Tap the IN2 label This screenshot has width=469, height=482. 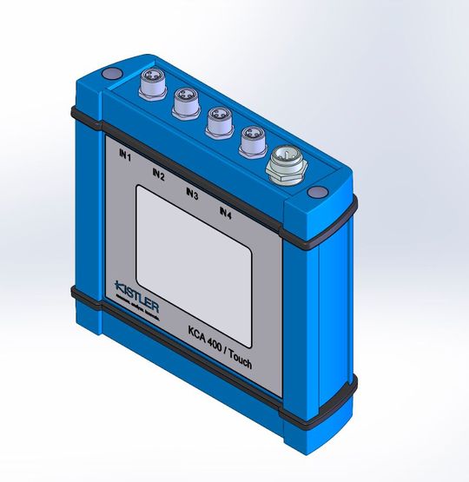pos(157,174)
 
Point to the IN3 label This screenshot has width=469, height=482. pos(192,194)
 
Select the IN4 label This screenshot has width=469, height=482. pos(226,212)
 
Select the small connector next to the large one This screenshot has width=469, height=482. pos(253,138)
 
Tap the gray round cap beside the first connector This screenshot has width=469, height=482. pos(111,76)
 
